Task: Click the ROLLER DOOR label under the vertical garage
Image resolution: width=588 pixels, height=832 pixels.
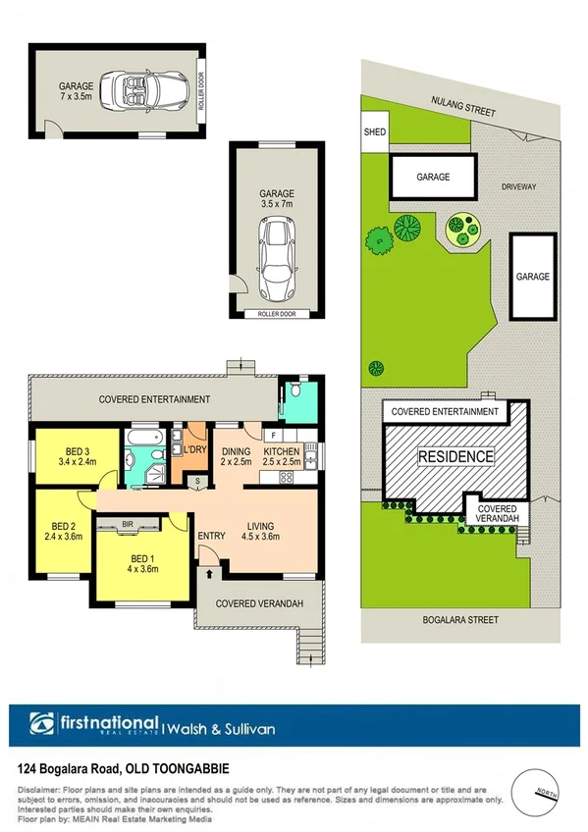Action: [276, 314]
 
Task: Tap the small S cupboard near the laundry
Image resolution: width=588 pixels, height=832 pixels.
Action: [197, 480]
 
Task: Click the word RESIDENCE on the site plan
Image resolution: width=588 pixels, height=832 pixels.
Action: [456, 457]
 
